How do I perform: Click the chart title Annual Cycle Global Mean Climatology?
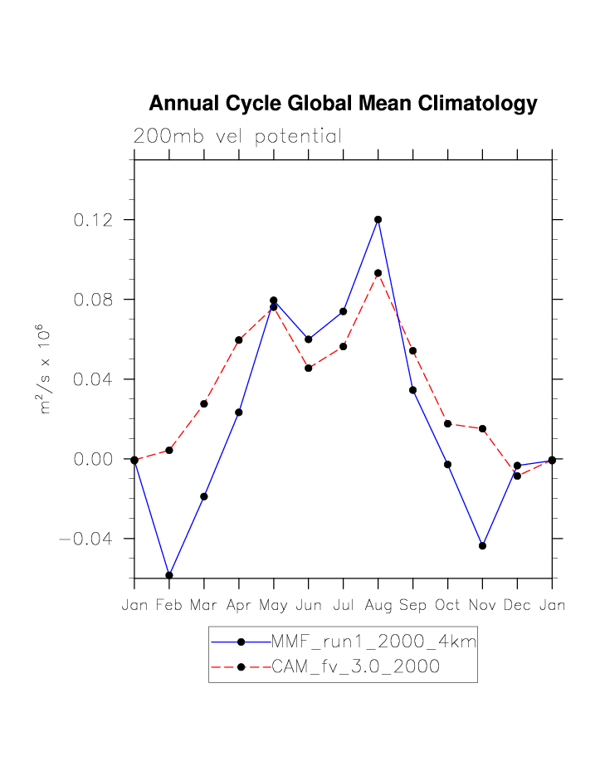click(343, 104)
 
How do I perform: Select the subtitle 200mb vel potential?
click(237, 137)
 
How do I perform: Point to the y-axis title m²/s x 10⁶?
click(46, 368)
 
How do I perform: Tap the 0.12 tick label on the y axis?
click(92, 220)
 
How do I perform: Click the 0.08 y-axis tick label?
click(92, 300)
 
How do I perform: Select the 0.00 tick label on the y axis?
click(92, 459)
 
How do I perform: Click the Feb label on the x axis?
click(169, 605)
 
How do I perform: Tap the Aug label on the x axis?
click(378, 605)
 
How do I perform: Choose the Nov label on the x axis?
click(482, 605)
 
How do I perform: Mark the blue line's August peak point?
click(378, 220)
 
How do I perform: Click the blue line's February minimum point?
click(169, 575)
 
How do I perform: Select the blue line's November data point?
click(482, 546)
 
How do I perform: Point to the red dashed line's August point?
click(378, 273)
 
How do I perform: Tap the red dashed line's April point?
click(239, 340)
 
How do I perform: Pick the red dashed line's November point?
click(482, 429)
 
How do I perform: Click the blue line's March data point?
click(204, 496)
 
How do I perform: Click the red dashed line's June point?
click(309, 368)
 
